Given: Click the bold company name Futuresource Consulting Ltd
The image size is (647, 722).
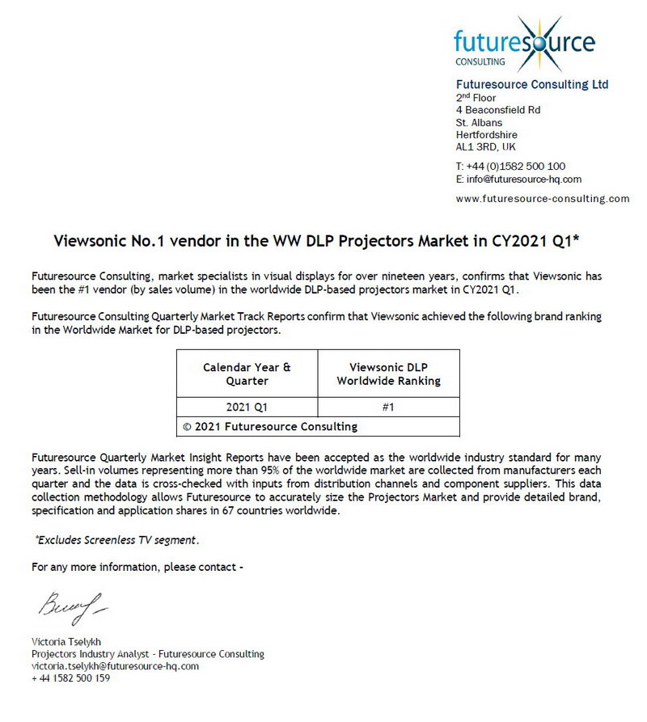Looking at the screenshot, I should [x=532, y=84].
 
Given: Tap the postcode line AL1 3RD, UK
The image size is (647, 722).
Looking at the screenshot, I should [x=485, y=147].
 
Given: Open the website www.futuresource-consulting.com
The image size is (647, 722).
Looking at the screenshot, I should [x=542, y=198].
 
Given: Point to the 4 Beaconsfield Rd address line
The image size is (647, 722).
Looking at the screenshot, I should [x=498, y=109].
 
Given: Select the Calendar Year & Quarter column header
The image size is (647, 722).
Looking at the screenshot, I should [x=247, y=374].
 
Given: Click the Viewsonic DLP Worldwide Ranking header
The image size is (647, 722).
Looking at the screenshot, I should [x=388, y=374].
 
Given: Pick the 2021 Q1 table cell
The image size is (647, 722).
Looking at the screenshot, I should [x=247, y=407].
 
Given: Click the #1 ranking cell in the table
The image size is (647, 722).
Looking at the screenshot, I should [x=388, y=407].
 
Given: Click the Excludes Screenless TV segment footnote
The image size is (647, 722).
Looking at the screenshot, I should [x=116, y=539].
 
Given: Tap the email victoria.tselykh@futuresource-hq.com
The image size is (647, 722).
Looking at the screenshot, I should [x=115, y=666].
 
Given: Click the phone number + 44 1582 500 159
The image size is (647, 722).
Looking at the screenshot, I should [x=70, y=678].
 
